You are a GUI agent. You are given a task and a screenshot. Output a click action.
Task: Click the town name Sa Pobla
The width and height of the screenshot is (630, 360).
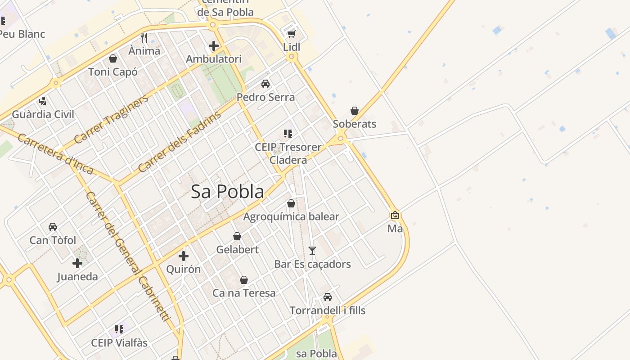(227, 192)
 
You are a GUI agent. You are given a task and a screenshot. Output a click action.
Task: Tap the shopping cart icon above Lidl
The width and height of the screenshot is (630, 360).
(291, 34)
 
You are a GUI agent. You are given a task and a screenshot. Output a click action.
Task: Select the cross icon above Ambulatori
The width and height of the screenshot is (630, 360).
(214, 45)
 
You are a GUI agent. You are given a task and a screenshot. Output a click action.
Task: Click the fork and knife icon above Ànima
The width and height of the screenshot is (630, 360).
(144, 37)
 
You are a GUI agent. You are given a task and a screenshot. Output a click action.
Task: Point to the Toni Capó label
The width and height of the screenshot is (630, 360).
(113, 72)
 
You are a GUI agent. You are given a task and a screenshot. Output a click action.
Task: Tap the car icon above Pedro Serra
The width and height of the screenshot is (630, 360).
(265, 84)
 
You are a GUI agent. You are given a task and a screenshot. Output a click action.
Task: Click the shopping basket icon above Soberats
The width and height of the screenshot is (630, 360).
(355, 111)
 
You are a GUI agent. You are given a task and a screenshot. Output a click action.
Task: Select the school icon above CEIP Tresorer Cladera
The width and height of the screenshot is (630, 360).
(288, 134)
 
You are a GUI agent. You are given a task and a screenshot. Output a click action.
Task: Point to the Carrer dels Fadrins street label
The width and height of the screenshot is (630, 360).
(180, 142)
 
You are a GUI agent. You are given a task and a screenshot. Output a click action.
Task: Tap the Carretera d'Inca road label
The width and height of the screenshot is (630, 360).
(55, 154)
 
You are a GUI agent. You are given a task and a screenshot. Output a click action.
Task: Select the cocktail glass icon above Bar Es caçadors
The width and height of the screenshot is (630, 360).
(312, 251)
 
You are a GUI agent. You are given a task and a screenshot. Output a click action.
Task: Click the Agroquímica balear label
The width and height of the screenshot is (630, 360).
(291, 217)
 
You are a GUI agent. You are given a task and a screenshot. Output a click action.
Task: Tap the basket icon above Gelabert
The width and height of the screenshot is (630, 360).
(237, 236)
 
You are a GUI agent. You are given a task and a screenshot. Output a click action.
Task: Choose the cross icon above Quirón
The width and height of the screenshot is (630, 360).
(184, 256)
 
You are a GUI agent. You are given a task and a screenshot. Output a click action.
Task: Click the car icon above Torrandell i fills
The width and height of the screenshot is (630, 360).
(328, 297)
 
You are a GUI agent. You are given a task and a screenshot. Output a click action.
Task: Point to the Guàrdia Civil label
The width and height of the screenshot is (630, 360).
(43, 114)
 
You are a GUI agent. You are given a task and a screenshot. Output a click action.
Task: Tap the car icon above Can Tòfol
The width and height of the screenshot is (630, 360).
(53, 227)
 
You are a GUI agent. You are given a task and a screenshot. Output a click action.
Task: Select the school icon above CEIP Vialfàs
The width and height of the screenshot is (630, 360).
(119, 329)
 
